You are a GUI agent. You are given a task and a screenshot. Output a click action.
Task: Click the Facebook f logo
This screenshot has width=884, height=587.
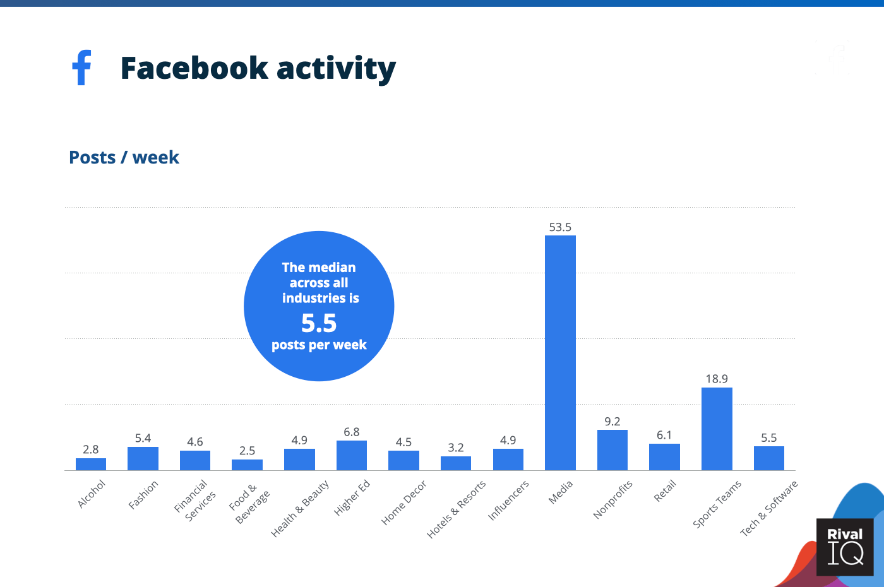pos(82,68)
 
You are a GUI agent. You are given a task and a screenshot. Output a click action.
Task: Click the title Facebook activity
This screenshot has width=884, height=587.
pos(258,68)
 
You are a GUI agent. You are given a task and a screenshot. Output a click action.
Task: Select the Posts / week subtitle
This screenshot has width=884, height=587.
pos(124,157)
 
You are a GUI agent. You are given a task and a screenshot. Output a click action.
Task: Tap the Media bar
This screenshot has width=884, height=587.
pos(560,353)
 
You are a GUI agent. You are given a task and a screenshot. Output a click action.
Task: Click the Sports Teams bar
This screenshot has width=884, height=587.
pos(717,429)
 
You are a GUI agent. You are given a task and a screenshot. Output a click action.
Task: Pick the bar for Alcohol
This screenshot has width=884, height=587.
pos(91,464)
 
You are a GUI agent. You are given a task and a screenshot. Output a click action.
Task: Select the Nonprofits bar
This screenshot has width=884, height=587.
pos(612,450)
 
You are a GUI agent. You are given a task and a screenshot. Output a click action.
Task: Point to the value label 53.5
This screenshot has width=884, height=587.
pos(560,227)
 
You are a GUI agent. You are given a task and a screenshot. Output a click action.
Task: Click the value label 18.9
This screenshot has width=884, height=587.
pos(717,379)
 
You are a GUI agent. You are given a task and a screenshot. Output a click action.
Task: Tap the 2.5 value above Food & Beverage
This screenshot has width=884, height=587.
pos(247,451)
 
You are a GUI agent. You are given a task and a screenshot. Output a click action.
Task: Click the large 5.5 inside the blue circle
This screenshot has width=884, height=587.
pos(319,323)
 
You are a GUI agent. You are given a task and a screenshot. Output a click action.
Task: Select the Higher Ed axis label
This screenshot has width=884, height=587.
pos(352,497)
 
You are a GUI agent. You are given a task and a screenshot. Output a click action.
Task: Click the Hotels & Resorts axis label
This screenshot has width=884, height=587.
pos(457,509)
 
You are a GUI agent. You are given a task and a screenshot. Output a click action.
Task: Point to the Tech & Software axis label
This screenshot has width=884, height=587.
pos(769,508)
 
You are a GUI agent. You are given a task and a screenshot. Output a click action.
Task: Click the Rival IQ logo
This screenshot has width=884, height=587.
pos(845,547)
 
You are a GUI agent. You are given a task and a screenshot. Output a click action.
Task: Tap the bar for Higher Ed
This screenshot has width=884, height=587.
pos(352,455)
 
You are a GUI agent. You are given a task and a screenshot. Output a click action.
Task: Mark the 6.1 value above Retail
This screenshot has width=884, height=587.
pos(664,435)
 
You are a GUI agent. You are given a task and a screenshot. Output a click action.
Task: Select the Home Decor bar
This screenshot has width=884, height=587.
pos(403,460)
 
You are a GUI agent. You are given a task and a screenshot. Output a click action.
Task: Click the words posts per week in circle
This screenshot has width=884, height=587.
pos(319,345)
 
